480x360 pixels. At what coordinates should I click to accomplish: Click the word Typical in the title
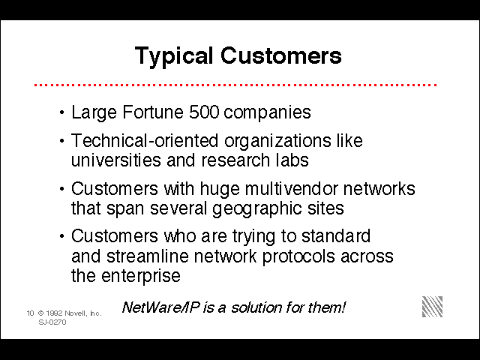click(x=174, y=57)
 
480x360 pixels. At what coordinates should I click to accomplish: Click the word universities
click(x=115, y=160)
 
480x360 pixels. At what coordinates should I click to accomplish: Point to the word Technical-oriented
click(x=145, y=140)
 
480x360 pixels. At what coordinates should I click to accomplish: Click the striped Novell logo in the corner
click(x=432, y=307)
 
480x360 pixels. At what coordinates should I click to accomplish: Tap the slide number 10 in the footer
click(x=30, y=313)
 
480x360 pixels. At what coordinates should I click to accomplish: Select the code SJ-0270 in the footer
click(x=52, y=322)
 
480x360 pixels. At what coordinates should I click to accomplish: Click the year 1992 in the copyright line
click(x=55, y=313)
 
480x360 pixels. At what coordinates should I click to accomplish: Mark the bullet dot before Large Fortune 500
click(x=62, y=112)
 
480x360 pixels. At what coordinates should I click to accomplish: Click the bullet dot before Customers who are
click(x=62, y=236)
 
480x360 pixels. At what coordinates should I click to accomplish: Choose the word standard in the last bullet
click(x=336, y=235)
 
